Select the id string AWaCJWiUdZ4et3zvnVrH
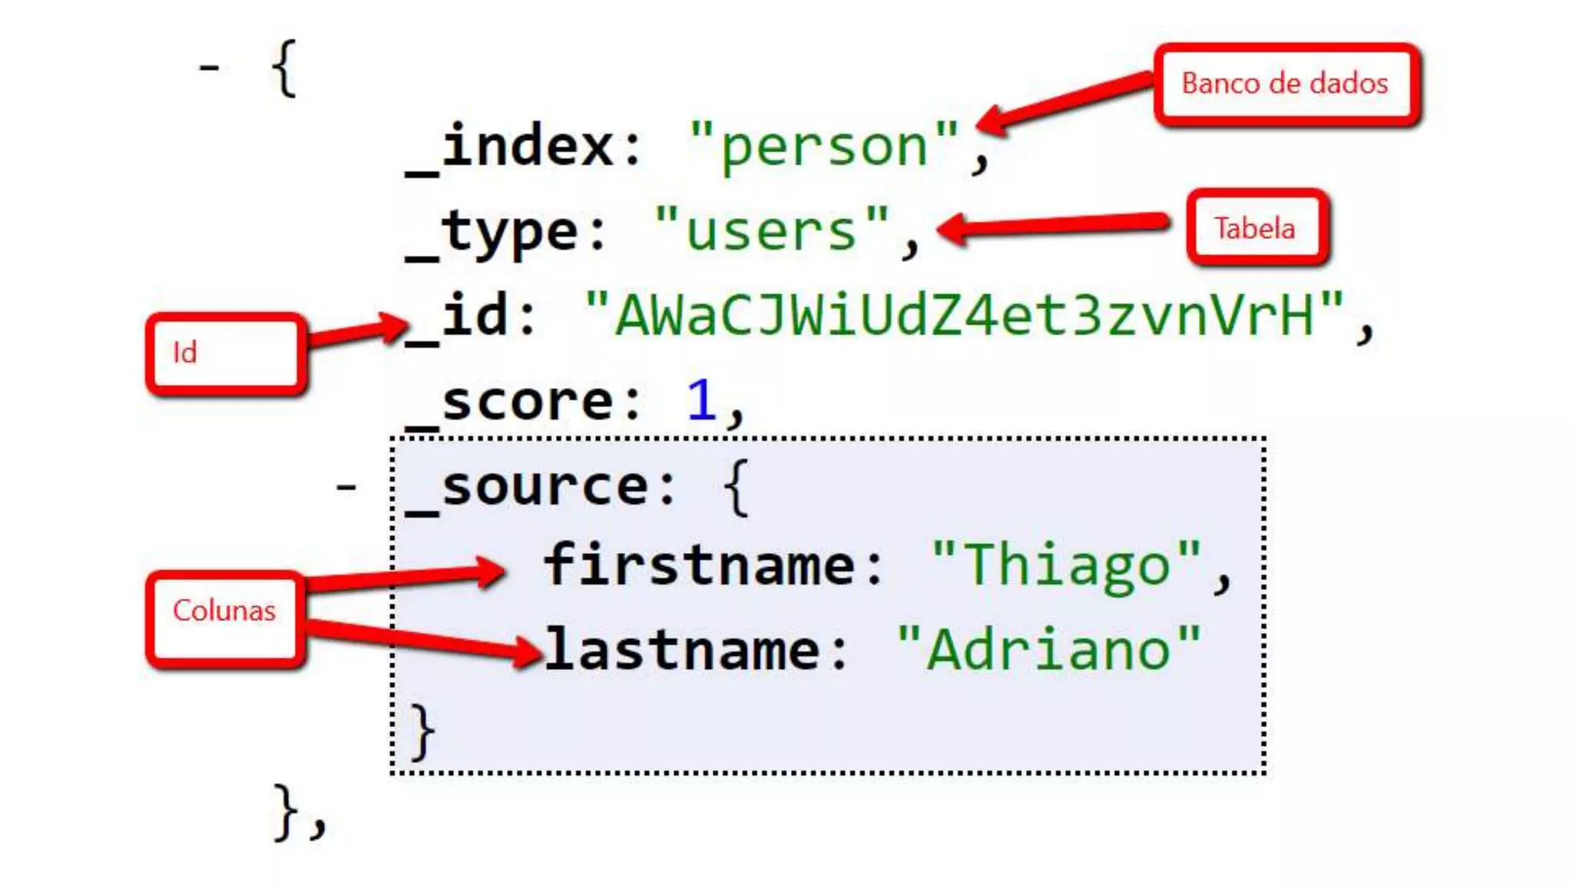point(964,316)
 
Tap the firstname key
point(699,565)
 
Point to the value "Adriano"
point(1048,651)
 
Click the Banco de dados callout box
point(1286,84)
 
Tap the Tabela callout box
point(1257,228)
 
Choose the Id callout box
point(225,353)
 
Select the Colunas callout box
point(225,612)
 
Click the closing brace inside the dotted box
point(422,732)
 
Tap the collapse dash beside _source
point(346,486)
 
